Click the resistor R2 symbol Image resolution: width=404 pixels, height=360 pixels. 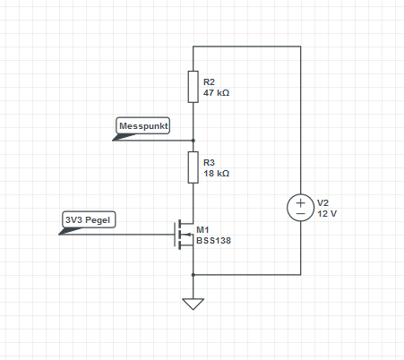193,87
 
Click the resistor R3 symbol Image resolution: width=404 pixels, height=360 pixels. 193,167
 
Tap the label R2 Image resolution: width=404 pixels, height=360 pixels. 209,82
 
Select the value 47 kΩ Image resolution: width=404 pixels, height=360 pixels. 216,93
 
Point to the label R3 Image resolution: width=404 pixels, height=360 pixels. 209,163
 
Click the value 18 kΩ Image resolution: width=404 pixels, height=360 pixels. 216,174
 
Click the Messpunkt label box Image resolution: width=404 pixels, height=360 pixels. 143,125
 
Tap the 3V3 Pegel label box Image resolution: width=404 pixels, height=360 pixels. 89,219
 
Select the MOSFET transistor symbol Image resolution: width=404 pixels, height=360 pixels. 184,235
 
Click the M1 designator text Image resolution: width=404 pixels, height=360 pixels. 202,230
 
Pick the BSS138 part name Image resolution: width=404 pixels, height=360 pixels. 213,241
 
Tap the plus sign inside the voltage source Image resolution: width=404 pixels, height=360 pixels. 301,202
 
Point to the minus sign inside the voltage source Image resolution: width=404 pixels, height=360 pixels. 301,213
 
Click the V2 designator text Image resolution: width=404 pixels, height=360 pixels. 322,203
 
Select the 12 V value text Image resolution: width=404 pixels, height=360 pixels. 327,214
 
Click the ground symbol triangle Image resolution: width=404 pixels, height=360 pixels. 193,304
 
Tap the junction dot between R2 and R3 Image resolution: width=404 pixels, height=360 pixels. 193,141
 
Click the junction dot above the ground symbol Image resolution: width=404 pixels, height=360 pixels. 193,275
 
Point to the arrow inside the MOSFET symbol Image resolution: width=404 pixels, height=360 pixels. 189,235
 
